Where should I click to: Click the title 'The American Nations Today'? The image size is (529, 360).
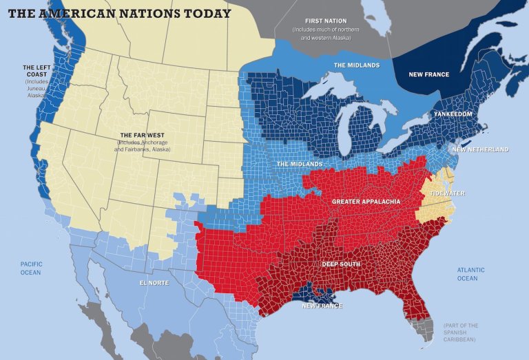point(118,13)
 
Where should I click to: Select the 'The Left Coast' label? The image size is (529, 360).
point(37,72)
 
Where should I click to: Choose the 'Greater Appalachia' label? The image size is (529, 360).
point(366,202)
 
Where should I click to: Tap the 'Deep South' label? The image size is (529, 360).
point(342,264)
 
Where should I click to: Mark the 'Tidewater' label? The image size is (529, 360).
point(448,193)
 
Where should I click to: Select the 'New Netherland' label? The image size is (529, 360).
point(481,149)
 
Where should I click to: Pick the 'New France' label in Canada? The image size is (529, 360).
point(428,74)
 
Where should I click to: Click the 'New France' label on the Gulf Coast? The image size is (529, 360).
point(322,305)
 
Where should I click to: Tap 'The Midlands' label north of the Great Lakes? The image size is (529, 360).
point(357,65)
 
